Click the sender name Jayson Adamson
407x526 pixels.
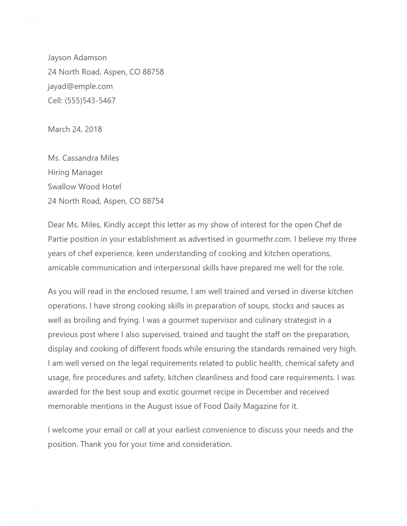(x=77, y=58)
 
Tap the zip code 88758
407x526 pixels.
(x=153, y=72)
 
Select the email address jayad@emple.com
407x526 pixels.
(x=80, y=86)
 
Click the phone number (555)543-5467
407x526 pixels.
(x=90, y=101)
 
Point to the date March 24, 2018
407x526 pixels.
(x=75, y=129)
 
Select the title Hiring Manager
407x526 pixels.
(x=75, y=173)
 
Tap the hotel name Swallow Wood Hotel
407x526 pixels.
(x=84, y=187)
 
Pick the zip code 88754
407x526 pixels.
(x=153, y=201)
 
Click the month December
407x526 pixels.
(x=264, y=392)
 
